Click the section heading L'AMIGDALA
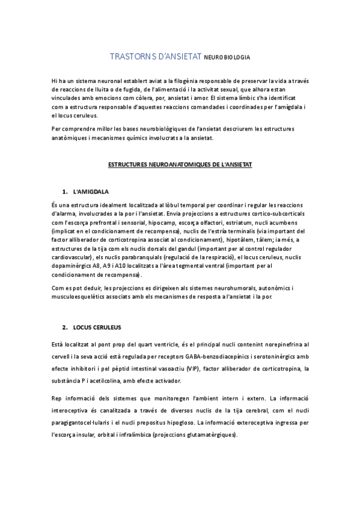(x=90, y=192)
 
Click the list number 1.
(x=64, y=192)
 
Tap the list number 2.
(x=64, y=328)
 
